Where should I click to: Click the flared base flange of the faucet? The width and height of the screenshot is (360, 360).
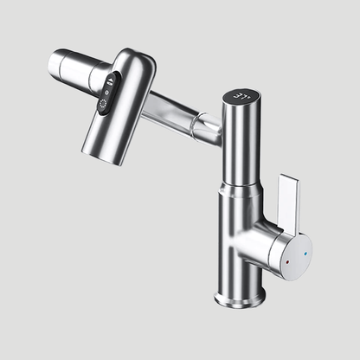(240, 295)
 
